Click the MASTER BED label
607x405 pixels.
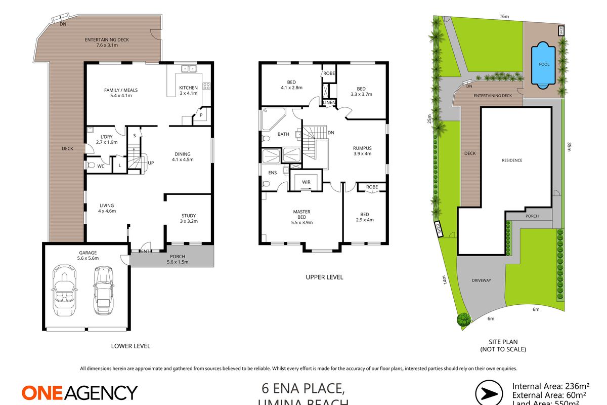point(301,215)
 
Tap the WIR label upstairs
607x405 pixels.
point(306,182)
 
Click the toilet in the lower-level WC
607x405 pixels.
point(92,166)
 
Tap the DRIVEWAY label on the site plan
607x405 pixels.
point(482,280)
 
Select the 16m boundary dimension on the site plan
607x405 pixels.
point(504,17)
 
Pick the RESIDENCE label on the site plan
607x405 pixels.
point(512,160)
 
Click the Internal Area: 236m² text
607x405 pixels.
point(548,384)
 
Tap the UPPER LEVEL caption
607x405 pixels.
point(324,277)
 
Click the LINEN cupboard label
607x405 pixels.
point(329,103)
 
